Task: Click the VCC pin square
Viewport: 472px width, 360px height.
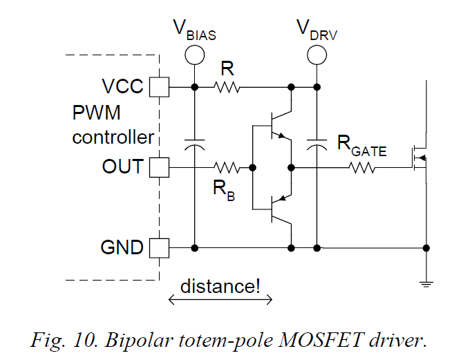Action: (160, 87)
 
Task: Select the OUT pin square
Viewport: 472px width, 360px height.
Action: (160, 167)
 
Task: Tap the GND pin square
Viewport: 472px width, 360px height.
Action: (160, 247)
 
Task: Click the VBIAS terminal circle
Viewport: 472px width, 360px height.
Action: (195, 53)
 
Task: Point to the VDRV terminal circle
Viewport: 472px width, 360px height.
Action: (317, 53)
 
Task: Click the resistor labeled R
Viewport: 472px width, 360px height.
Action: (227, 87)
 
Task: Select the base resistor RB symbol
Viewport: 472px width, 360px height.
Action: (227, 167)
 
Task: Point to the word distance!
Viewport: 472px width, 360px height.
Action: (220, 285)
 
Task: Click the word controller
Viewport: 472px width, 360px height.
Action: (113, 137)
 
